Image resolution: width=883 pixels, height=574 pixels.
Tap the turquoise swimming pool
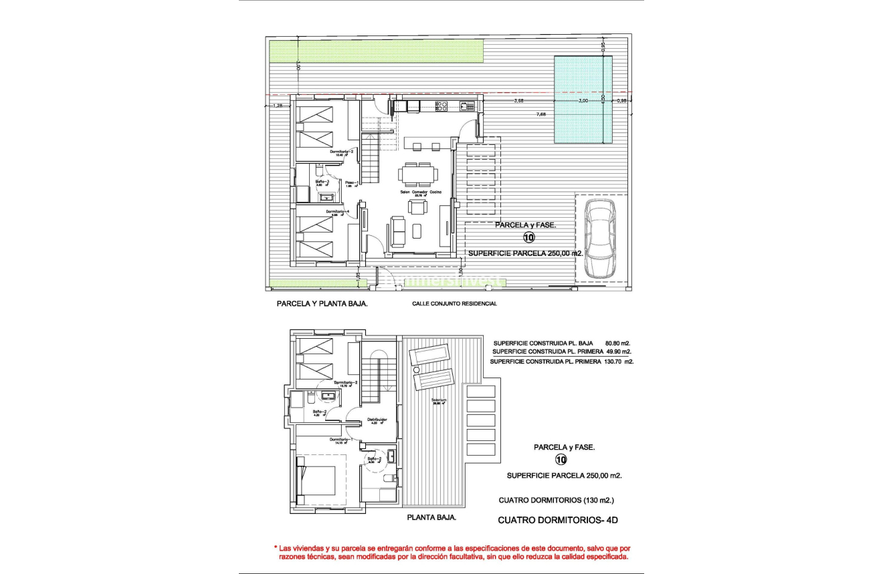pos(583,100)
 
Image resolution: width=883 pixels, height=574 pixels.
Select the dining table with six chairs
pos(417,174)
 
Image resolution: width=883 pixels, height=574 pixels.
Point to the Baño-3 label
pos(322,182)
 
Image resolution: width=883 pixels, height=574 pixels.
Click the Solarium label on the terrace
pos(439,402)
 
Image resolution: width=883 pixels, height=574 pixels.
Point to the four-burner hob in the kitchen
pos(441,105)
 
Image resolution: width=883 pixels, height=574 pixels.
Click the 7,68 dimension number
pos(541,114)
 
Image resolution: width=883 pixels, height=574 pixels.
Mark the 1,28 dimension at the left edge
pos(279,106)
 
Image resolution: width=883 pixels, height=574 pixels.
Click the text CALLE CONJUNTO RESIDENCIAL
pos(454,303)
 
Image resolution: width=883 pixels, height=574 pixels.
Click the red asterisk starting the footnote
pos(274,547)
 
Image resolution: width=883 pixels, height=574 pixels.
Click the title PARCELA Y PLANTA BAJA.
pos(322,303)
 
